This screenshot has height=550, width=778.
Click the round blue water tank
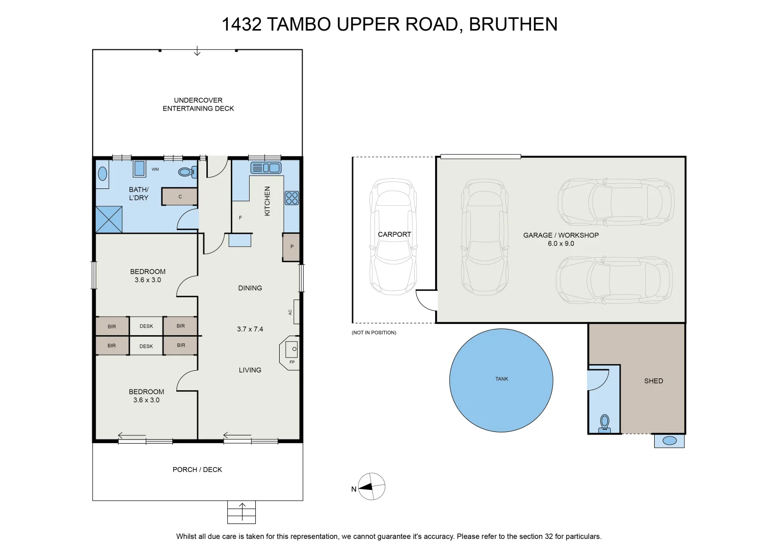(x=501, y=380)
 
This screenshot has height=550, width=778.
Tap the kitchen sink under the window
(x=265, y=168)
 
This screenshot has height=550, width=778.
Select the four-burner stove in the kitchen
(x=292, y=198)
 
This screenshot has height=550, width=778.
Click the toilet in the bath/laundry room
(x=187, y=172)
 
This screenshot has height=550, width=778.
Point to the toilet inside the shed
(x=605, y=423)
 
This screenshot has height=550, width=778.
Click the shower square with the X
(x=109, y=219)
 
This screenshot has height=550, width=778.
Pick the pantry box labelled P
(x=291, y=247)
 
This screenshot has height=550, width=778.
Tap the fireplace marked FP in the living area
(x=290, y=353)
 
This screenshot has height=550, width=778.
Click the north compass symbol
(x=371, y=486)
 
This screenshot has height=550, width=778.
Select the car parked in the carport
(x=393, y=237)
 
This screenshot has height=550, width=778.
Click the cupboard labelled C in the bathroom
(x=179, y=197)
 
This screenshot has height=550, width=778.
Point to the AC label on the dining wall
(x=290, y=312)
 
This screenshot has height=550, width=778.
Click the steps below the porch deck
(x=242, y=512)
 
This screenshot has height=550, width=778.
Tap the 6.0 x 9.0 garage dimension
(x=561, y=243)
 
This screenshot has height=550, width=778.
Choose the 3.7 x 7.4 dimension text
(x=250, y=329)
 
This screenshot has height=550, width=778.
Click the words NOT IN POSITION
(x=374, y=332)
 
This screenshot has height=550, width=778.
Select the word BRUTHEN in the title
(x=513, y=24)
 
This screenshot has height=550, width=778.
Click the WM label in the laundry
(x=155, y=170)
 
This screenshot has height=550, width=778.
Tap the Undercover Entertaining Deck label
(x=198, y=104)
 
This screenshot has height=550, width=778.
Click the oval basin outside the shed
(x=669, y=441)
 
